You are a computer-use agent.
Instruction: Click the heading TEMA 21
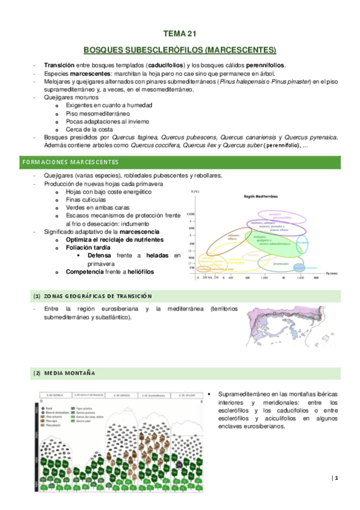(180, 34)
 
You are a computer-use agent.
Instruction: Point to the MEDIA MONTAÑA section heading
(70, 373)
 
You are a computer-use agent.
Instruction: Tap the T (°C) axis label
(195, 191)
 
